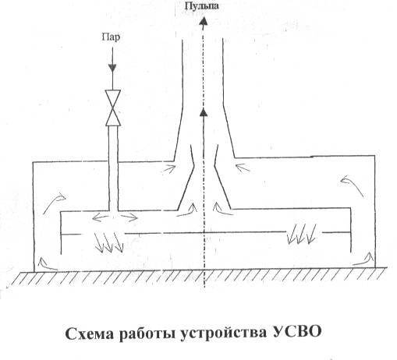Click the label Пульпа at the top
point(202,6)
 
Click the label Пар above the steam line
point(111,37)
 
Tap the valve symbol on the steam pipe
point(113,108)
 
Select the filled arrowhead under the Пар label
point(112,68)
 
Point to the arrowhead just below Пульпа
point(204,20)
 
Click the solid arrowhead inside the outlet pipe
point(204,112)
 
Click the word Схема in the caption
point(89,334)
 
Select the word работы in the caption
point(147,334)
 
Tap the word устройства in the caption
point(223,334)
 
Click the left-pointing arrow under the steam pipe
point(101,217)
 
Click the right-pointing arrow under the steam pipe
point(129,217)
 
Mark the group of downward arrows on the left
point(108,242)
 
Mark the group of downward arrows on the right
point(302,234)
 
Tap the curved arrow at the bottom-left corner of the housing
point(46,264)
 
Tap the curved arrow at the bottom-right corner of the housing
point(363,260)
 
